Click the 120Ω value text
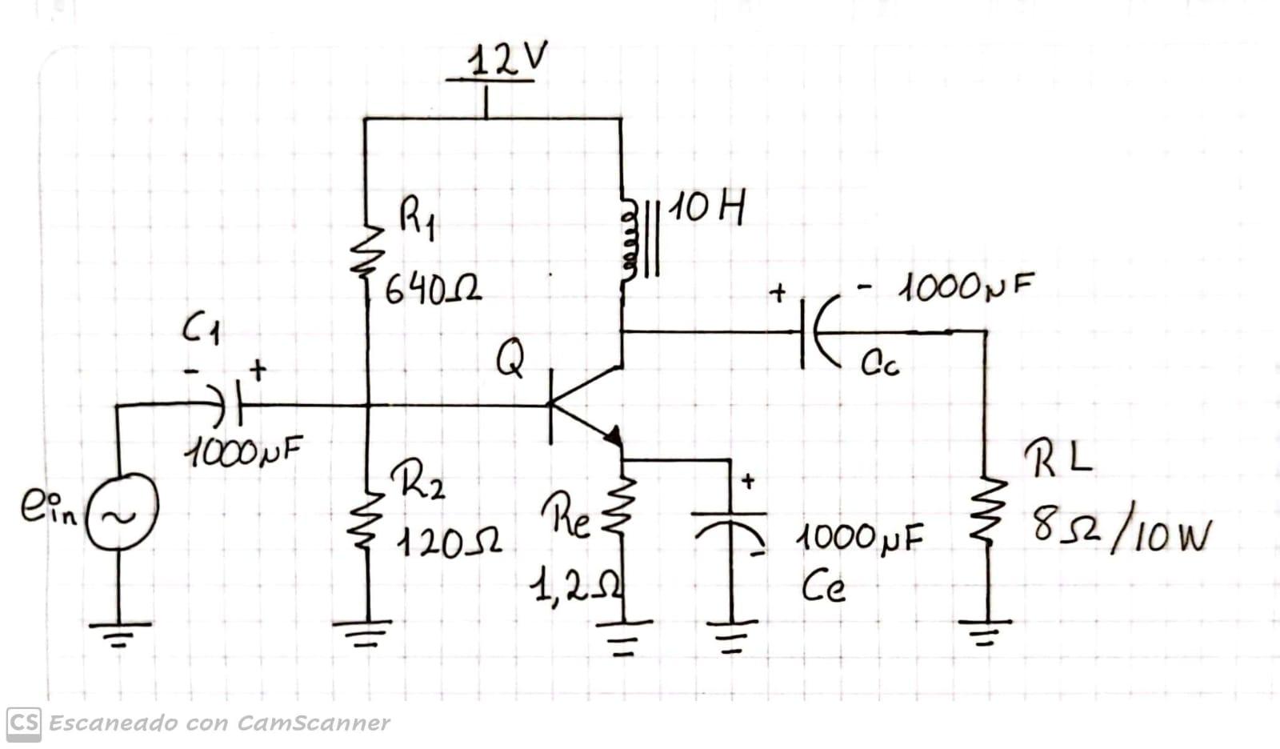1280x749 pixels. (x=448, y=544)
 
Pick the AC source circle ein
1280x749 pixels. (x=122, y=511)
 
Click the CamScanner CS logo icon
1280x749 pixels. (x=24, y=723)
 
